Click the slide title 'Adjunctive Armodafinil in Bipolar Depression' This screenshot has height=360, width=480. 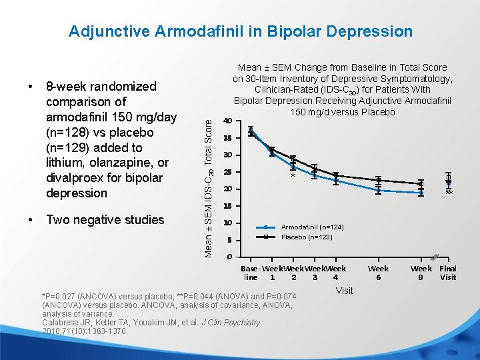point(241,31)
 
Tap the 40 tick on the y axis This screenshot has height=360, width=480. point(228,121)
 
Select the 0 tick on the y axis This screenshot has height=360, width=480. point(229,257)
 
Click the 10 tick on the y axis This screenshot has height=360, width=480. point(228,223)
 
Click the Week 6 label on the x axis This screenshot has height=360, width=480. point(378,273)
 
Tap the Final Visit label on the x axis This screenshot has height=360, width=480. point(447,273)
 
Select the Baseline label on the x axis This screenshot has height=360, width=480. point(251,273)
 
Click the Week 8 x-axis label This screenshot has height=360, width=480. point(421,273)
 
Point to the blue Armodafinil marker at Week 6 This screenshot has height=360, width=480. point(379,190)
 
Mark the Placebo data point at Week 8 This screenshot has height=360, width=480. point(421,183)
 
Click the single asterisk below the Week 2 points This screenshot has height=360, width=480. point(293,177)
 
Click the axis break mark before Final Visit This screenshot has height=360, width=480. point(434,257)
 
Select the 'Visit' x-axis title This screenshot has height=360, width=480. point(345,291)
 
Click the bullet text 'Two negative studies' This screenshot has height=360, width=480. point(105,220)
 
